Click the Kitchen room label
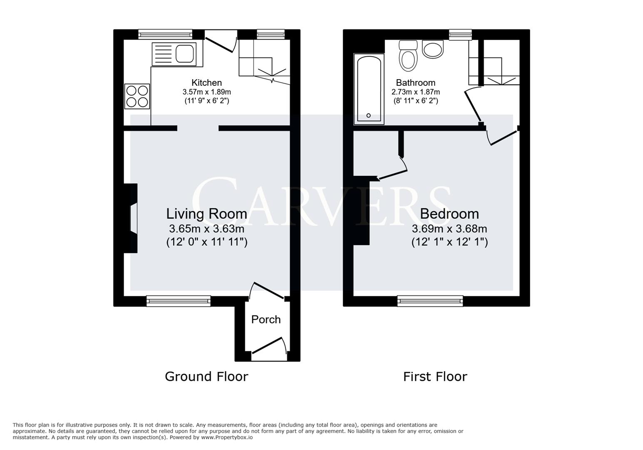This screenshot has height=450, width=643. tap(206, 82)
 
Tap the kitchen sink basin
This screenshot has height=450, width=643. tap(184, 54)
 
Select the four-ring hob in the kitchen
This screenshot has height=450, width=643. tap(137, 96)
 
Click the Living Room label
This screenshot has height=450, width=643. tap(207, 214)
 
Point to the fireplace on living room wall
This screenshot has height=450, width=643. tap(131, 218)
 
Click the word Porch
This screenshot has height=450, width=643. tap(266, 320)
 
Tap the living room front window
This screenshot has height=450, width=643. tap(178, 301)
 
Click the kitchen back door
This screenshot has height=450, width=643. tap(221, 44)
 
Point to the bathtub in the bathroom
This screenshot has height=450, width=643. tap(369, 89)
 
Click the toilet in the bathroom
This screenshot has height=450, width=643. tap(408, 56)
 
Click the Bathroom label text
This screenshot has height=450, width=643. tap(415, 82)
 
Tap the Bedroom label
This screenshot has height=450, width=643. tap(449, 214)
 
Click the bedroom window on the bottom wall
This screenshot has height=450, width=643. tap(430, 301)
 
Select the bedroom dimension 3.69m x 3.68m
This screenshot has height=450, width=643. tap(449, 229)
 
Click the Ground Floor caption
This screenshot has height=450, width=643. tap(207, 377)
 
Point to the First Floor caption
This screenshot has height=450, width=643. tap(435, 377)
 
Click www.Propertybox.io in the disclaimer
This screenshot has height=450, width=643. tap(227, 437)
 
